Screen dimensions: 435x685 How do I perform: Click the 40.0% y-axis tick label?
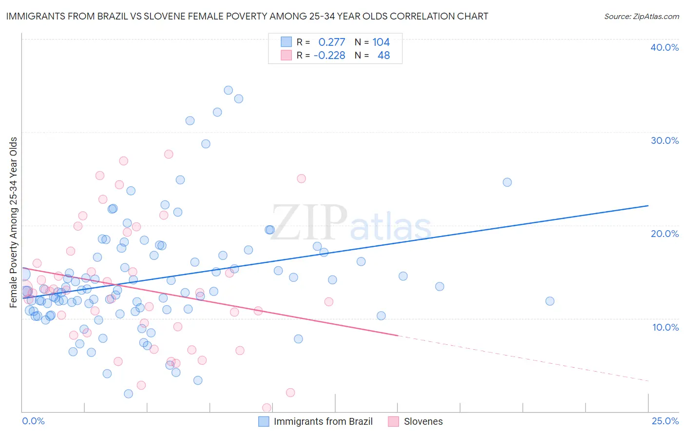coord(665,47)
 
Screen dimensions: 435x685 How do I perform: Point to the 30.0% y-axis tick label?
coord(665,140)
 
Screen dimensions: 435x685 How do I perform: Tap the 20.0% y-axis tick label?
coord(665,234)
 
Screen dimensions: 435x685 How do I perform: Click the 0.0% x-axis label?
coord(33,421)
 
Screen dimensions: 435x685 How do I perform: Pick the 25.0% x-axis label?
coord(665,421)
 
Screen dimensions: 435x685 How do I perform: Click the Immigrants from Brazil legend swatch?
coord(264,421)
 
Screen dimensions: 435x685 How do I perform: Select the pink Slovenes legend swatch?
coord(394,421)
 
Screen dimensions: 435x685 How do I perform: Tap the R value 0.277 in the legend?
coord(331,42)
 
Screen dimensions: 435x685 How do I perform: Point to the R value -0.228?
coord(329,56)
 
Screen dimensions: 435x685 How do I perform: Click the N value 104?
coord(381,42)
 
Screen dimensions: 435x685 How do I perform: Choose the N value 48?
coord(383,56)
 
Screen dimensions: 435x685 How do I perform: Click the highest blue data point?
coord(228,90)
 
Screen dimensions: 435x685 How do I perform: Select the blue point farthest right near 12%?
coord(550,301)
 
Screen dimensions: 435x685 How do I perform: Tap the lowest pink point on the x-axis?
coord(266,408)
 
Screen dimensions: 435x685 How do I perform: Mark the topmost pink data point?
coord(169,154)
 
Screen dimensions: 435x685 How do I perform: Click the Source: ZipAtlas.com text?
coord(641,17)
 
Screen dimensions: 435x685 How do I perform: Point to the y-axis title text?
coord(14,222)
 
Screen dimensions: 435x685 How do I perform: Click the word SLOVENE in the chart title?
coord(157,17)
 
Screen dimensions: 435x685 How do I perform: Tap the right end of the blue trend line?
coord(648,206)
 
